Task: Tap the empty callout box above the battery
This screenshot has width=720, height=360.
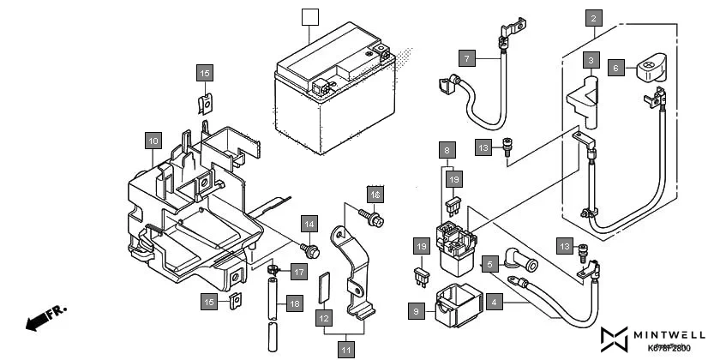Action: click(x=310, y=16)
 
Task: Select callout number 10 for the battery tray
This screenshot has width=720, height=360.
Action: click(x=152, y=140)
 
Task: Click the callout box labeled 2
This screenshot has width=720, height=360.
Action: click(x=594, y=16)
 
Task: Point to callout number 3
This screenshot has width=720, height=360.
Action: click(x=591, y=59)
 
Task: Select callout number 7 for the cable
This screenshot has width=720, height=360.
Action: click(x=466, y=58)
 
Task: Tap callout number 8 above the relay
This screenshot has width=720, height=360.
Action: click(x=447, y=150)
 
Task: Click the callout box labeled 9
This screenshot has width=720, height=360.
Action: click(x=417, y=312)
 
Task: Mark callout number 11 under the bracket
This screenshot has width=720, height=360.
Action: click(x=345, y=349)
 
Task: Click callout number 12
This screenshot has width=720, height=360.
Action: click(x=323, y=319)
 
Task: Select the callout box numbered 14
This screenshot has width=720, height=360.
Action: click(x=309, y=225)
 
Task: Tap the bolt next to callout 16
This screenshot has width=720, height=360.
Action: click(x=375, y=221)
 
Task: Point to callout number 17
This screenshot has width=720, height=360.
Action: click(x=297, y=273)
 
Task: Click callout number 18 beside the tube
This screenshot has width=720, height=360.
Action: click(x=294, y=303)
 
